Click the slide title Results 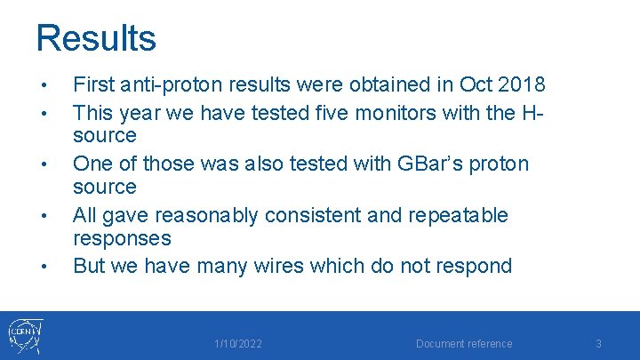[x=96, y=38]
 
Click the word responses [x=121, y=239]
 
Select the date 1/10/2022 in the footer [x=238, y=344]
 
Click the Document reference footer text [x=464, y=344]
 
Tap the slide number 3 [x=598, y=344]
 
